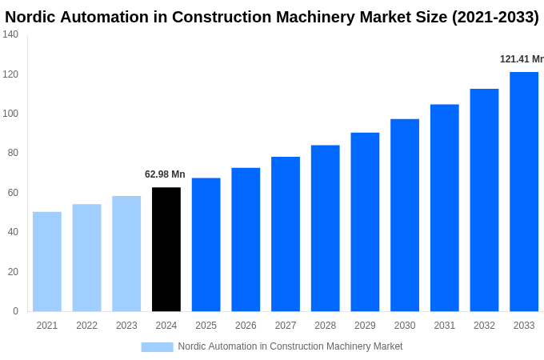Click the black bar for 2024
166,250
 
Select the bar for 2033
524,192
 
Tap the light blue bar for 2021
47,262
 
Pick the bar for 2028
326,228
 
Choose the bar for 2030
405,215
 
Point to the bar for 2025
206,245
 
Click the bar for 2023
126,254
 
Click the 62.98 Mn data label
165,174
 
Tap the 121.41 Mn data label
522,59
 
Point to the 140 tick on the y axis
10,34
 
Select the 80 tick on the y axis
13,153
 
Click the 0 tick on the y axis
15,311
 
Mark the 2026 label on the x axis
246,326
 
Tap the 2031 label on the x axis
445,326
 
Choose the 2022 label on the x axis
87,326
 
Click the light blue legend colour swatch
157,347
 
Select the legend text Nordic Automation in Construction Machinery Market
290,346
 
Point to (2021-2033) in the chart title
495,17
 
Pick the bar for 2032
484,200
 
